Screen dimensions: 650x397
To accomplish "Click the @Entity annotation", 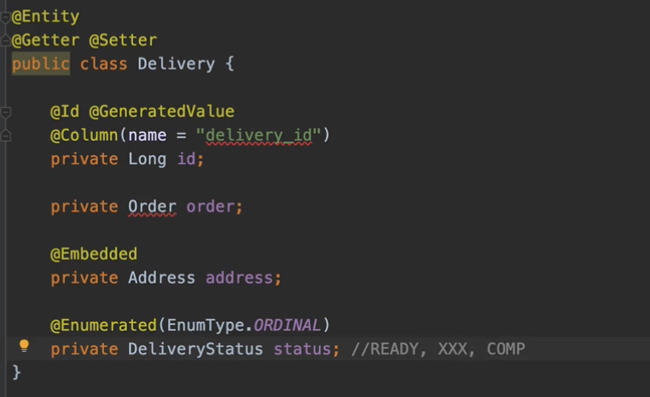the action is (x=45, y=16).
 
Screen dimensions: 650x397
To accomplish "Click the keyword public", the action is (x=40, y=64).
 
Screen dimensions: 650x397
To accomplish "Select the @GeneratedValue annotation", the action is (x=161, y=112).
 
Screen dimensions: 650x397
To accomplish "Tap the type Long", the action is (x=147, y=158).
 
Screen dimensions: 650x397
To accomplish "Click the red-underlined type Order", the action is (x=152, y=206).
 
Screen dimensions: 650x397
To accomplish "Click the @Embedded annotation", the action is (x=94, y=254).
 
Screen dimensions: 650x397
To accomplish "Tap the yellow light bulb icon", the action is (x=24, y=346).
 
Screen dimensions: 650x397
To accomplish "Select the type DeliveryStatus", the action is (x=195, y=348).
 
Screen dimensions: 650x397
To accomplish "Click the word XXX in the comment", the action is (x=452, y=348).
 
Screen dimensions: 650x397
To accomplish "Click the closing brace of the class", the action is (x=16, y=372).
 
